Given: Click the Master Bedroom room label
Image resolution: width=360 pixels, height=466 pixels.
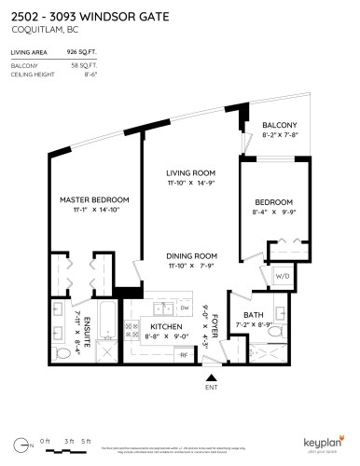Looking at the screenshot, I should coord(93,200).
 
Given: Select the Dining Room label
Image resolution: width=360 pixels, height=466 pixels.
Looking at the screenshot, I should coord(192,255).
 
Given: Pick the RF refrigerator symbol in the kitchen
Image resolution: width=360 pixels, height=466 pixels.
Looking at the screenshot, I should coord(183,355).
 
